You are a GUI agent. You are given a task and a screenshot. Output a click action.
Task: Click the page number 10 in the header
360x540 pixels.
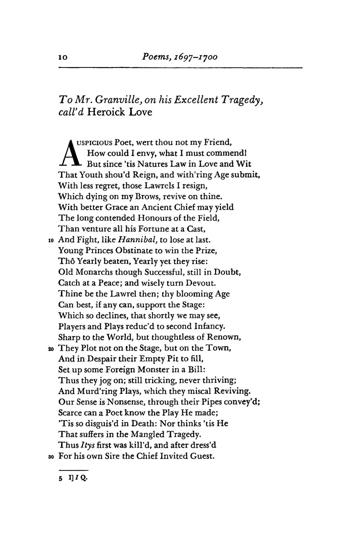coord(63,57)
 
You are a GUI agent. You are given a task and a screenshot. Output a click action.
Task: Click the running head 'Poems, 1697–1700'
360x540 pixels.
coord(180,57)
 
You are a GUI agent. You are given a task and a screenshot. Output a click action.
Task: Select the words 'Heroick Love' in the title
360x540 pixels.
coord(120,112)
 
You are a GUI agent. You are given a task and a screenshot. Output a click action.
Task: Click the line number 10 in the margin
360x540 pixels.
coord(51,240)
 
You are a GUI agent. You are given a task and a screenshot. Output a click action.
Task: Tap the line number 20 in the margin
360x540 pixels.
coord(51,348)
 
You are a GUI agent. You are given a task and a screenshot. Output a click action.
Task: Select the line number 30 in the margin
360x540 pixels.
coord(51,457)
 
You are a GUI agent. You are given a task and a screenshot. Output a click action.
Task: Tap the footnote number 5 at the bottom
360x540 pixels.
coord(61,479)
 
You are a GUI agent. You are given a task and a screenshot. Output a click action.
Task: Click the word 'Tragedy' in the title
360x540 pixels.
coord(242,100)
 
